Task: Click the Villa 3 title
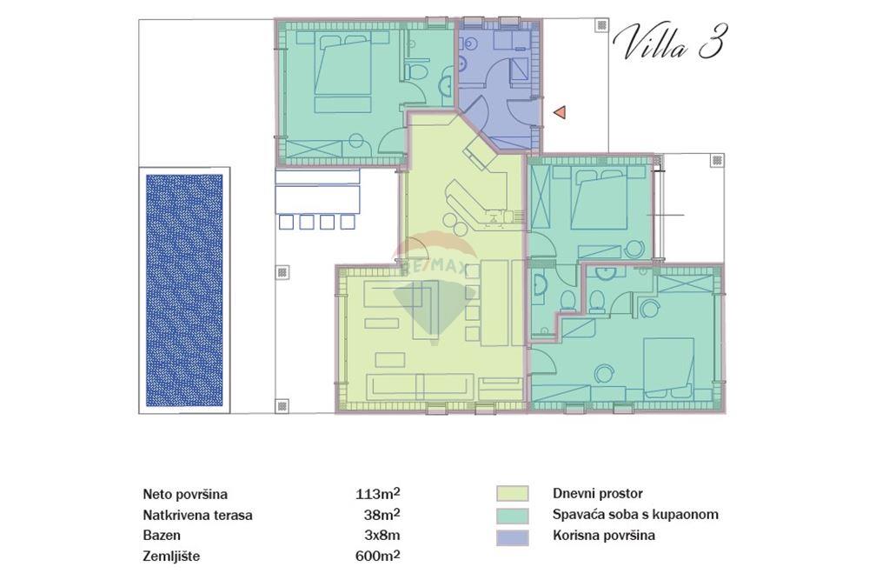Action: [668, 43]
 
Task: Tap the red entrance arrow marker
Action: [561, 111]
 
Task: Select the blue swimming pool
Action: [184, 291]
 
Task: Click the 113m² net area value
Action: [378, 493]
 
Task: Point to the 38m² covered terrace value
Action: [382, 514]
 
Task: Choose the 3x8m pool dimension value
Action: [381, 535]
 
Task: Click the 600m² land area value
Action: [378, 556]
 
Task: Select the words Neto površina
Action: [185, 494]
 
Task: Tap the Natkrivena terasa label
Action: [197, 515]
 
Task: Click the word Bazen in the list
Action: [163, 536]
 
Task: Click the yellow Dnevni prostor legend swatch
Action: [513, 494]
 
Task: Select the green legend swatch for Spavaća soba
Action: [513, 515]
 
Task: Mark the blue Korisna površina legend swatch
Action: [513, 537]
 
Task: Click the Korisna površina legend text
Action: [603, 536]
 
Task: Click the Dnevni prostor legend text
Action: [598, 494]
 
